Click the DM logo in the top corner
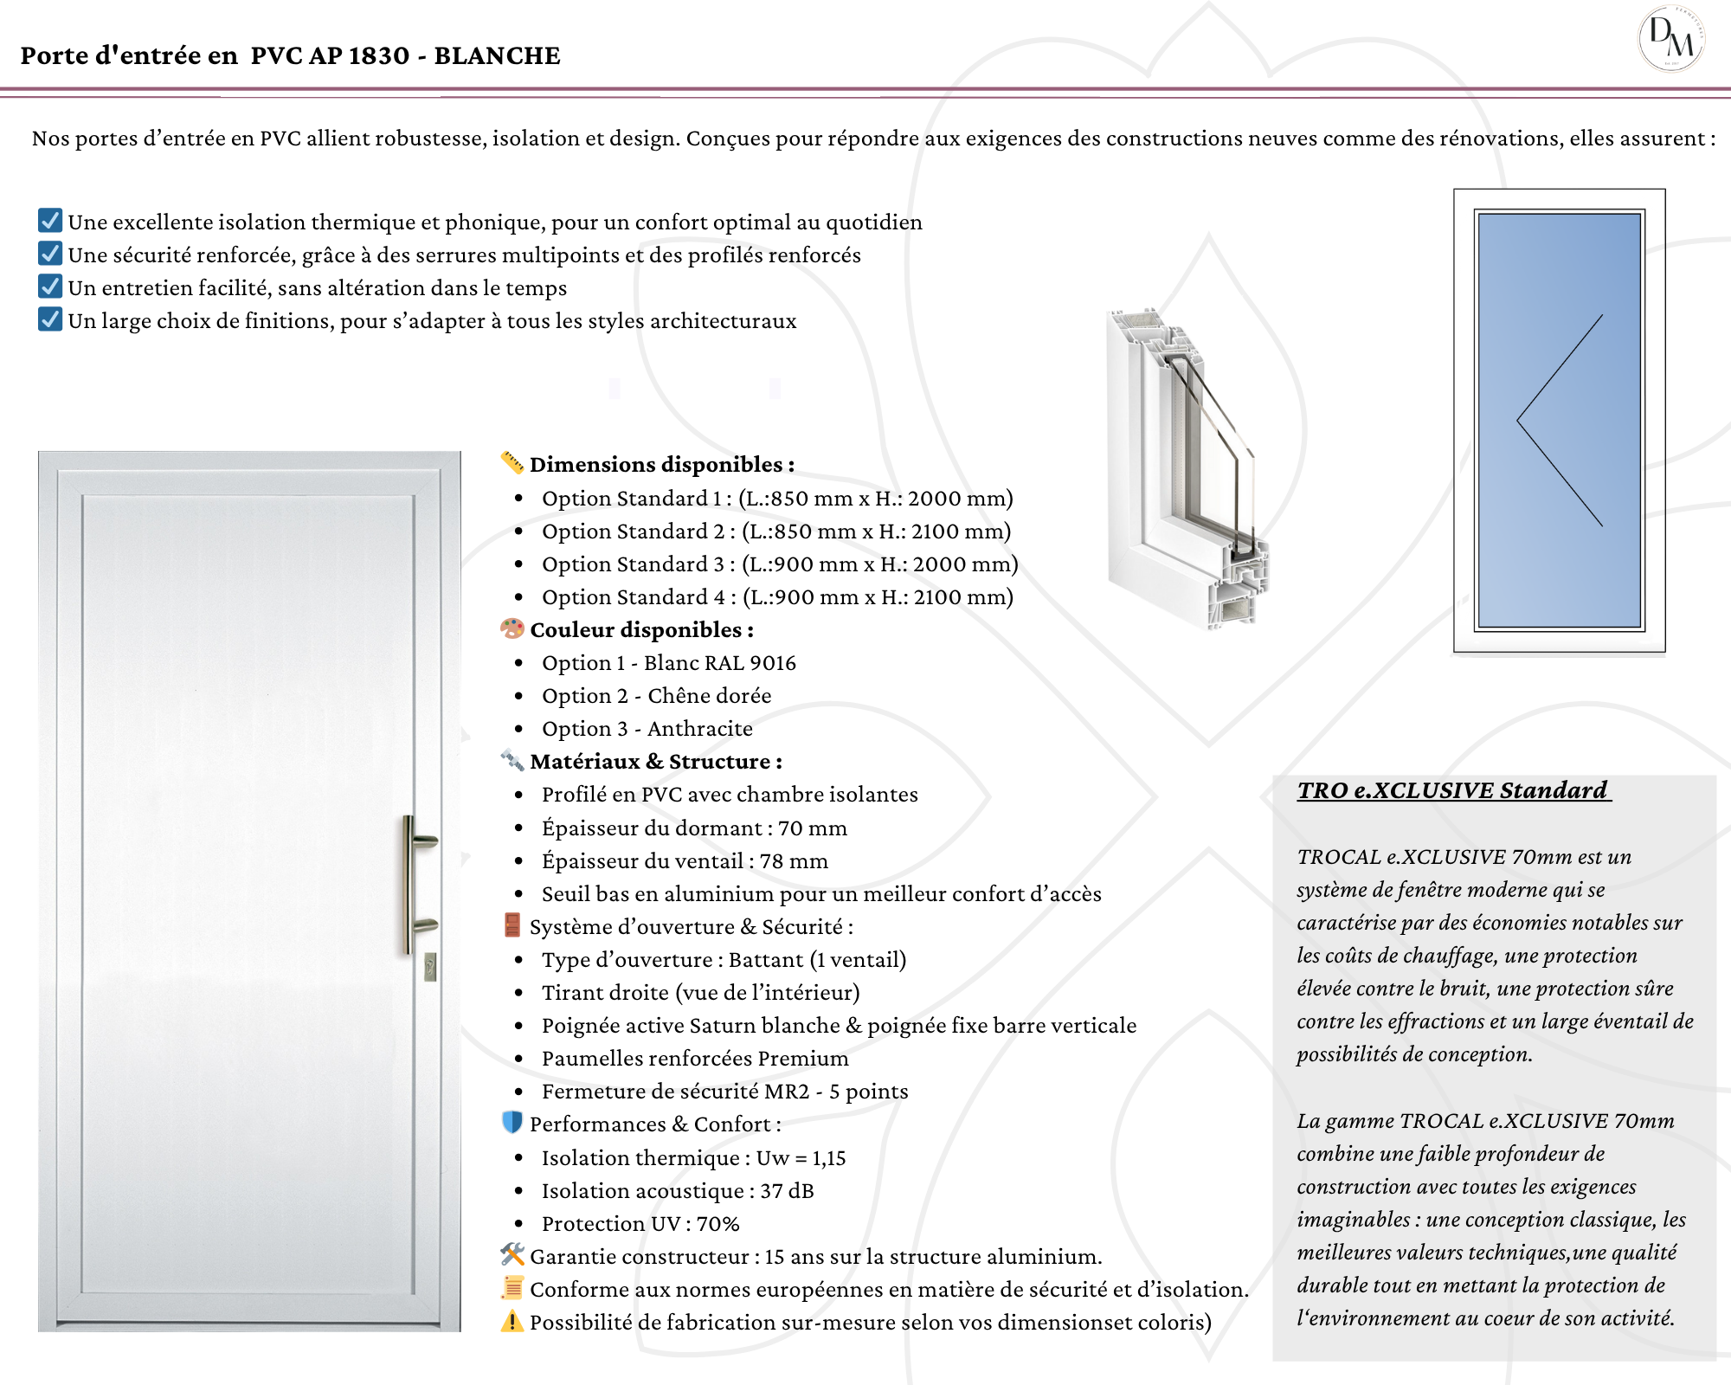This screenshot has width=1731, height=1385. [x=1670, y=39]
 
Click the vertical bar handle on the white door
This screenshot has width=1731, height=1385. [x=409, y=883]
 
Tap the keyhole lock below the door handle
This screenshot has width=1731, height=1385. [x=430, y=966]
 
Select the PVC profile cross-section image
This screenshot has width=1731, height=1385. [x=1186, y=467]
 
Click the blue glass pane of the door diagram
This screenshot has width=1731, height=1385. [x=1558, y=420]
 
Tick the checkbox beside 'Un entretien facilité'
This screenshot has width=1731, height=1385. [x=50, y=287]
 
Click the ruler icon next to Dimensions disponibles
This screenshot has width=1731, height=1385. [x=512, y=463]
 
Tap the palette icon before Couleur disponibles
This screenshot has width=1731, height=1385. [x=512, y=628]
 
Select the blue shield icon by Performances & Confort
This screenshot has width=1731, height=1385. [x=512, y=1123]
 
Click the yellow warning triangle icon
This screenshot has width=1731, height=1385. [x=512, y=1321]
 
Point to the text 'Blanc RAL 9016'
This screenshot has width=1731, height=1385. [x=719, y=663]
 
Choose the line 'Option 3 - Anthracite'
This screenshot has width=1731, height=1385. [x=647, y=729]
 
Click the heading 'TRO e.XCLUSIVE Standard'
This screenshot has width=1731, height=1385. [x=1452, y=790]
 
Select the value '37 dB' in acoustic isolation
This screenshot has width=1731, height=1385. [x=787, y=1191]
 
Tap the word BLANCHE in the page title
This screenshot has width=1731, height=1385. [x=497, y=55]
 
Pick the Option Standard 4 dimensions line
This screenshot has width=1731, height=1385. [x=776, y=597]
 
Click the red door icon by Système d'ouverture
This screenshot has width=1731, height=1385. [x=512, y=925]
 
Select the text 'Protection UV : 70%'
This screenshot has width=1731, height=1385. [x=640, y=1224]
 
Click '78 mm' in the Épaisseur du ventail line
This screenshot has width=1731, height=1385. [x=794, y=861]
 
